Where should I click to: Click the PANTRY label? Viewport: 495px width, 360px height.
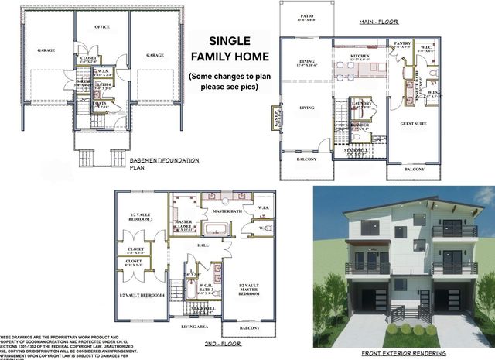click(401, 44)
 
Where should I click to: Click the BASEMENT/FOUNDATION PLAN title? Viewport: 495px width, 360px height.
click(165, 162)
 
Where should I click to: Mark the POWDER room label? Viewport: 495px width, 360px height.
click(360, 124)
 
